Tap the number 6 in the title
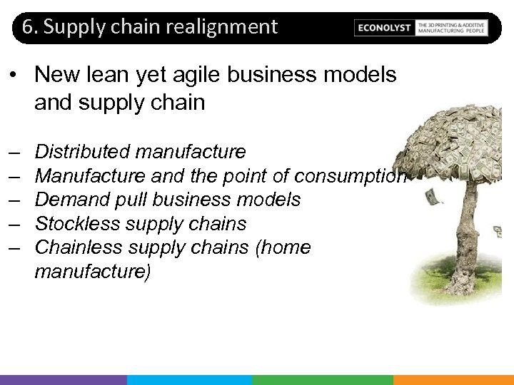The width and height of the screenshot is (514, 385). pyautogui.click(x=27, y=27)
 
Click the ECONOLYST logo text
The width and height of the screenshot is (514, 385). pyautogui.click(x=385, y=28)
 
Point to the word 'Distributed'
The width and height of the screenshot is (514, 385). pyautogui.click(x=82, y=152)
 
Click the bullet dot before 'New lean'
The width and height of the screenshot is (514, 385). pyautogui.click(x=14, y=75)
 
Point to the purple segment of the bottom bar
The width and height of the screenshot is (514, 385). pyautogui.click(x=64, y=380)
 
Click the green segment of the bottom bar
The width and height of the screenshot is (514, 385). pyautogui.click(x=322, y=380)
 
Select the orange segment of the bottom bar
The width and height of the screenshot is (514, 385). pyautogui.click(x=453, y=380)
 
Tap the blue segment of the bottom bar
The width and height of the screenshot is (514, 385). pyautogui.click(x=190, y=380)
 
